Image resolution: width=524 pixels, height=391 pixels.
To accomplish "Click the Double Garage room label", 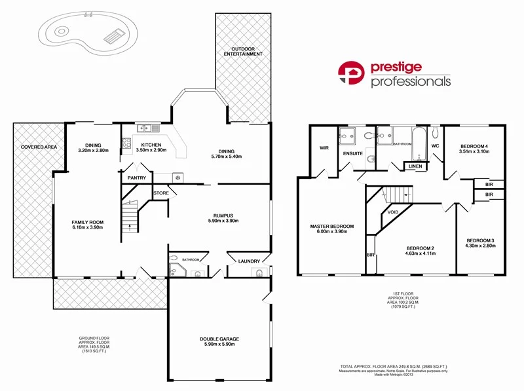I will click(x=219, y=339).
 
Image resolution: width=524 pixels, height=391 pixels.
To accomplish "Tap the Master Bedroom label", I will click(x=331, y=227).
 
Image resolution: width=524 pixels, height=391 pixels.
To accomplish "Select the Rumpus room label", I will click(x=223, y=215).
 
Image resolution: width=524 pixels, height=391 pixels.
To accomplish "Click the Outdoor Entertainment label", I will click(x=242, y=53).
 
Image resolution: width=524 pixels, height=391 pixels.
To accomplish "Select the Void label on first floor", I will click(x=394, y=212).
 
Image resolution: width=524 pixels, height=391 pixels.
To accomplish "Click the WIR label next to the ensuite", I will click(x=324, y=148).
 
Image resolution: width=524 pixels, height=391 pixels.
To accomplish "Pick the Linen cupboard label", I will click(x=415, y=166).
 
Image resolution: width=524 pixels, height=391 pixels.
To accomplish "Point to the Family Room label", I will click(x=88, y=223).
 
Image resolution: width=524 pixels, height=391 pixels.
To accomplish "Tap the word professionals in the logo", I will click(x=411, y=82).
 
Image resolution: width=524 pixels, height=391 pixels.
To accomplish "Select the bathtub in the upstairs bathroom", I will click(x=417, y=143).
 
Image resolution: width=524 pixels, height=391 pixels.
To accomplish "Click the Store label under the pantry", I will click(x=161, y=193).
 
